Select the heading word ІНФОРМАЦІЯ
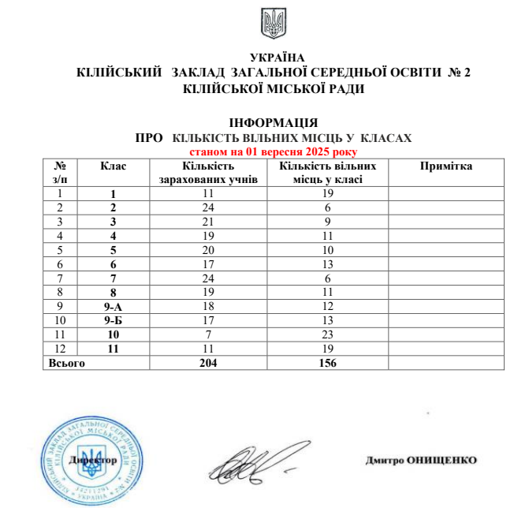(x=274, y=124)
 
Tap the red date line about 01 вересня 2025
(x=274, y=150)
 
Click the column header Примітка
(x=446, y=166)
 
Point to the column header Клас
(x=113, y=166)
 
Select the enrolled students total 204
(x=208, y=364)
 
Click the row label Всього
(x=67, y=364)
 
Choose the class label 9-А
(x=114, y=306)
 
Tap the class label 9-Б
(x=114, y=320)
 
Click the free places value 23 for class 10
(x=326, y=334)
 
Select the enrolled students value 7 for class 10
(x=208, y=334)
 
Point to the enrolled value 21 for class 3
(x=208, y=221)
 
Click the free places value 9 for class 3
(x=326, y=221)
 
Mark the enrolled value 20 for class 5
(x=208, y=249)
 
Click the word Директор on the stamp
(x=93, y=459)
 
